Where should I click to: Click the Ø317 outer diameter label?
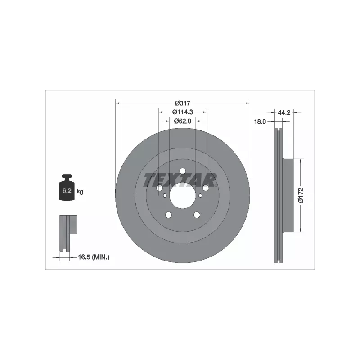(x=183, y=103)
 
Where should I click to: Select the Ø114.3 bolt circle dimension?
(x=183, y=112)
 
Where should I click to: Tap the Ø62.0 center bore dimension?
(x=183, y=121)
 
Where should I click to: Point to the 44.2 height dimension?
(x=284, y=112)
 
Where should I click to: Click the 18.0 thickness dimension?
(x=260, y=121)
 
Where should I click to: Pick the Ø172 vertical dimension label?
(x=301, y=195)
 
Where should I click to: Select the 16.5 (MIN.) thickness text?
(x=94, y=257)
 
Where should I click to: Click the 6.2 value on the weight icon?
(x=67, y=190)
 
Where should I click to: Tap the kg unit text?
(x=80, y=191)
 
